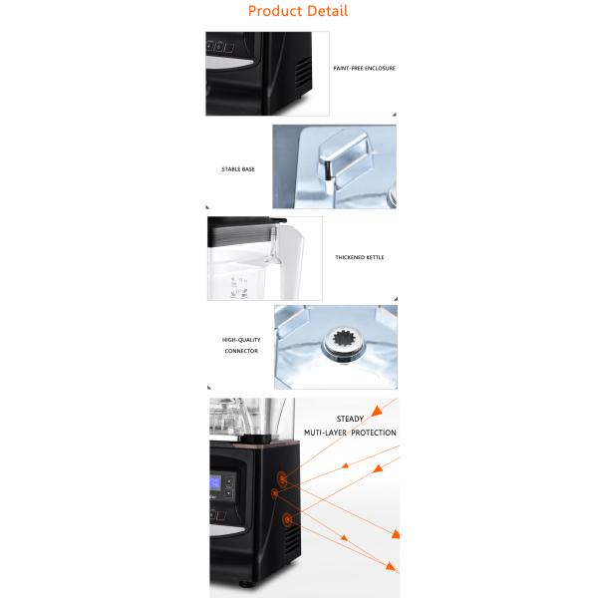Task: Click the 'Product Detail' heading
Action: (x=298, y=11)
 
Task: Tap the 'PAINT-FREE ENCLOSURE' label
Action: (x=364, y=68)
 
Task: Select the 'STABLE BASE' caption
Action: (x=238, y=169)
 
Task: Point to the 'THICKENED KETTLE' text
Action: (x=360, y=257)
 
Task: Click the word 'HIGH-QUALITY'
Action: (x=241, y=340)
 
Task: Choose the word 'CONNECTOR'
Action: (x=241, y=351)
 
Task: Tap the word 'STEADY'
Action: (x=350, y=419)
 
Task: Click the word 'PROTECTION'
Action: (x=374, y=433)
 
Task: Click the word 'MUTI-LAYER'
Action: (x=325, y=433)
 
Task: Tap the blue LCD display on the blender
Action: (x=215, y=482)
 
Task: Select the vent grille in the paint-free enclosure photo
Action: (x=304, y=73)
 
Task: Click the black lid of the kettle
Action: (x=247, y=220)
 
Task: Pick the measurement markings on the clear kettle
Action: (x=239, y=288)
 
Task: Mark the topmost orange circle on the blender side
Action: (x=282, y=478)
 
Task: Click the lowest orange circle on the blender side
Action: (x=287, y=519)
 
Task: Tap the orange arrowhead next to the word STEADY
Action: (x=377, y=411)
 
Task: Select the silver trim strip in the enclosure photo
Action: (x=229, y=62)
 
